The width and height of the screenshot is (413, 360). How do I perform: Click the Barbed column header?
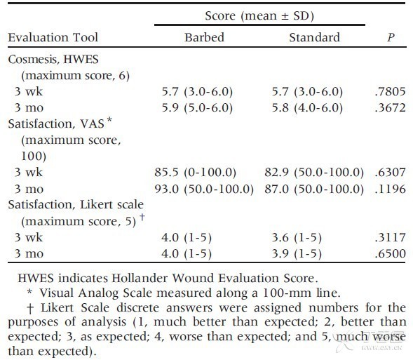coord(204,37)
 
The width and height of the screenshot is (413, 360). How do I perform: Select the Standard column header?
coord(315,37)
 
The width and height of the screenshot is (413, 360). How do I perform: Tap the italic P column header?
coord(391,37)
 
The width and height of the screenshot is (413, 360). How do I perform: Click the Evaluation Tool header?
coord(53,37)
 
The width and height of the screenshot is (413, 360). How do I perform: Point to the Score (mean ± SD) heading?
coord(259,16)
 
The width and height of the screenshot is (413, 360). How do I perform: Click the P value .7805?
coord(390,92)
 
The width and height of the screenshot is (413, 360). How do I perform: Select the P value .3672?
coord(390,108)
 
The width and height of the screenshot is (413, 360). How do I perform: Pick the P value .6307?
coord(390,173)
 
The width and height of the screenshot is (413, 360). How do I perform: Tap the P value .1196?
coord(390,189)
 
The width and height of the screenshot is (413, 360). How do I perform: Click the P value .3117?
coord(390,237)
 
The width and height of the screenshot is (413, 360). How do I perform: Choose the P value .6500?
coord(390,253)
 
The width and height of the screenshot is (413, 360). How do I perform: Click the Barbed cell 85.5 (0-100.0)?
coord(195,173)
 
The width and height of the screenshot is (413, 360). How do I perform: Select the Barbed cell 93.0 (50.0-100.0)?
coord(204,189)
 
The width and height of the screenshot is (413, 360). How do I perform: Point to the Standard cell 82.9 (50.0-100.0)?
coord(314,173)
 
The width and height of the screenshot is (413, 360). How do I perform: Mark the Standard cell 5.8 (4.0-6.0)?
coord(307,108)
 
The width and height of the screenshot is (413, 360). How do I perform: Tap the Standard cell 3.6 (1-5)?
coord(297,238)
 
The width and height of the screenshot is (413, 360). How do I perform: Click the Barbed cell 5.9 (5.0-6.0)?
coord(197,108)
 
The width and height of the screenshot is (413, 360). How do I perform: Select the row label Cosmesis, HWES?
coord(53,60)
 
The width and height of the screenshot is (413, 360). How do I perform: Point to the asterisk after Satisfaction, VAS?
coord(109,120)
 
